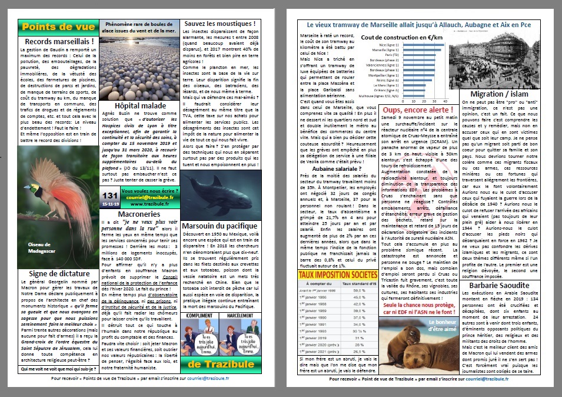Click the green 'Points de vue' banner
57,28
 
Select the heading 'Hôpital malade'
139,105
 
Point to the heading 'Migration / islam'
505,94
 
